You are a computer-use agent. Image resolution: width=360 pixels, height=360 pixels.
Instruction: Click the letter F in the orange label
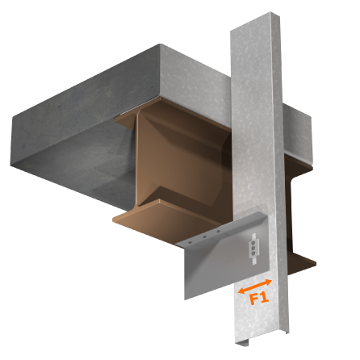pos(253,299)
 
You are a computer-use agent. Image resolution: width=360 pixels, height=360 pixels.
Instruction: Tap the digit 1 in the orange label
pos(264,297)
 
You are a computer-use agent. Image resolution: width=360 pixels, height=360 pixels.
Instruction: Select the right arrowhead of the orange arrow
pos(269,281)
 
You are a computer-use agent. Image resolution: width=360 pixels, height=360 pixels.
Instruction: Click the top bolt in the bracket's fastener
pos(255,239)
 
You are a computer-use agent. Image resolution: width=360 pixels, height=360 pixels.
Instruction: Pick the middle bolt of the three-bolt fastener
pos(255,246)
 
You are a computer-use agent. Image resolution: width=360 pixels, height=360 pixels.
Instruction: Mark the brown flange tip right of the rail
pos(303,262)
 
